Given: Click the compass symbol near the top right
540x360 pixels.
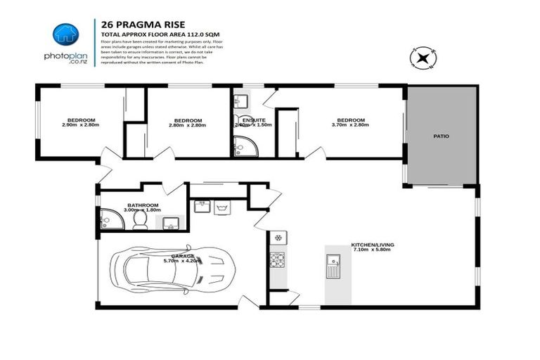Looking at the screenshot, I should [x=425, y=58].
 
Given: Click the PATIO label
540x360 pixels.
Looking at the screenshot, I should [x=441, y=136].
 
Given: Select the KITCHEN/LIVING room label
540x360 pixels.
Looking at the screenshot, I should [x=373, y=245].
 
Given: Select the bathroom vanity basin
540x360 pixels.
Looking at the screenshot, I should [x=169, y=224].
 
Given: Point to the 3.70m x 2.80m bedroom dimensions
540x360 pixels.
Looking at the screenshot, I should [x=350, y=125].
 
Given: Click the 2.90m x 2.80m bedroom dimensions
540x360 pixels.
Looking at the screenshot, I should [x=81, y=125].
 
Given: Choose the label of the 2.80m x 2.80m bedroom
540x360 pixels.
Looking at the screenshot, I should [x=188, y=120].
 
